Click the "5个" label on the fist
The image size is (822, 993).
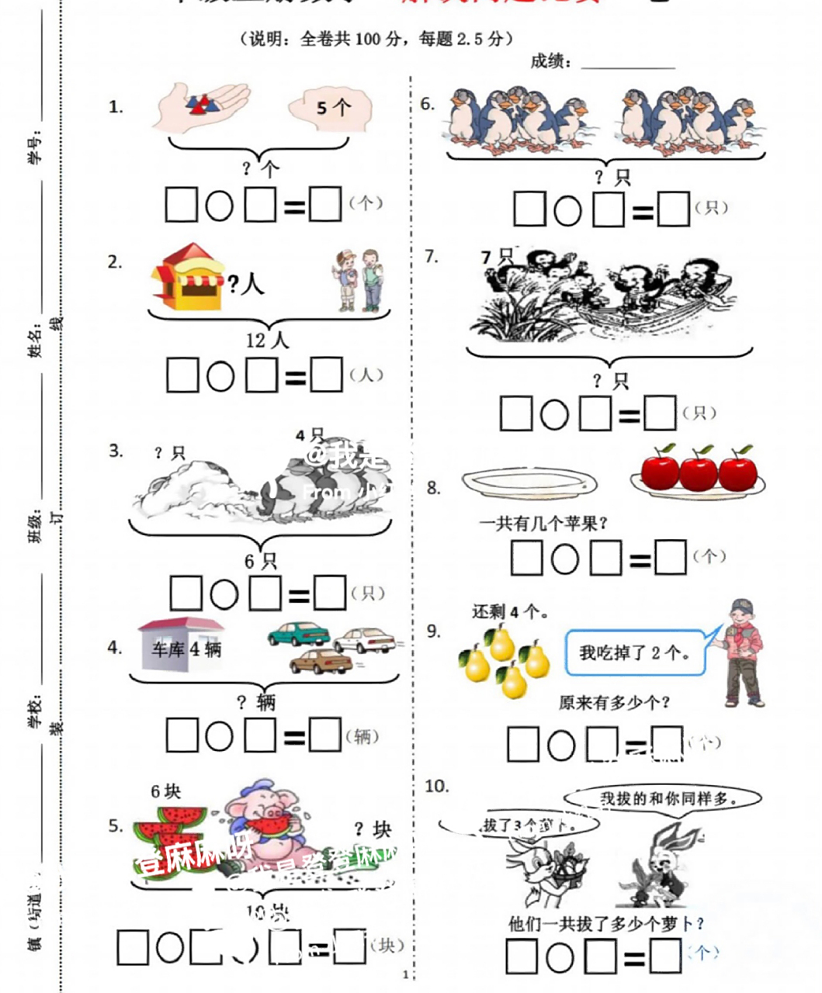point(333,107)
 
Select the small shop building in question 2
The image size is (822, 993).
point(188,277)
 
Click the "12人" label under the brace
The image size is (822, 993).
point(266,340)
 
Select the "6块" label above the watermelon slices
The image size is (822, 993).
point(165,791)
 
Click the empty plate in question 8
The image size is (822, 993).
point(530,483)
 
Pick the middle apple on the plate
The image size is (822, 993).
point(698,471)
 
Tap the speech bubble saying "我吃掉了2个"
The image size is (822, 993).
point(635,652)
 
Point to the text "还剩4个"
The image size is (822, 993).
point(510,611)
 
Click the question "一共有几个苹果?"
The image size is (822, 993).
point(543,524)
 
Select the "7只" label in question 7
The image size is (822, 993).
point(497,256)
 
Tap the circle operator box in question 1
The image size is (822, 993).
point(220,206)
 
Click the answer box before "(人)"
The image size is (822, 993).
point(326,375)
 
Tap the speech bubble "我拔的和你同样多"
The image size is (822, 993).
point(662,798)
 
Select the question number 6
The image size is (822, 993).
point(427,103)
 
